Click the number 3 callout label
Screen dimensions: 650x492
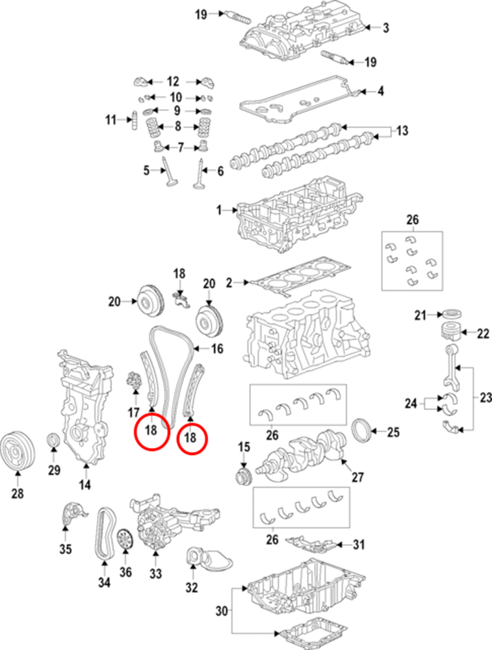(385, 27)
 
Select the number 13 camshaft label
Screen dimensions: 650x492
(402, 131)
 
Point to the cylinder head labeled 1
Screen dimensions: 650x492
(292, 214)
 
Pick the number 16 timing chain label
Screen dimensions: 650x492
(216, 349)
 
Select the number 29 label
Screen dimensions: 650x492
(54, 469)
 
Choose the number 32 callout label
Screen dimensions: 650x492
(190, 589)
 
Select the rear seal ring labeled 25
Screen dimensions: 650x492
(363, 430)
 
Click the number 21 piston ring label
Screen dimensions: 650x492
(420, 316)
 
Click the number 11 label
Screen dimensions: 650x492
(110, 120)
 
